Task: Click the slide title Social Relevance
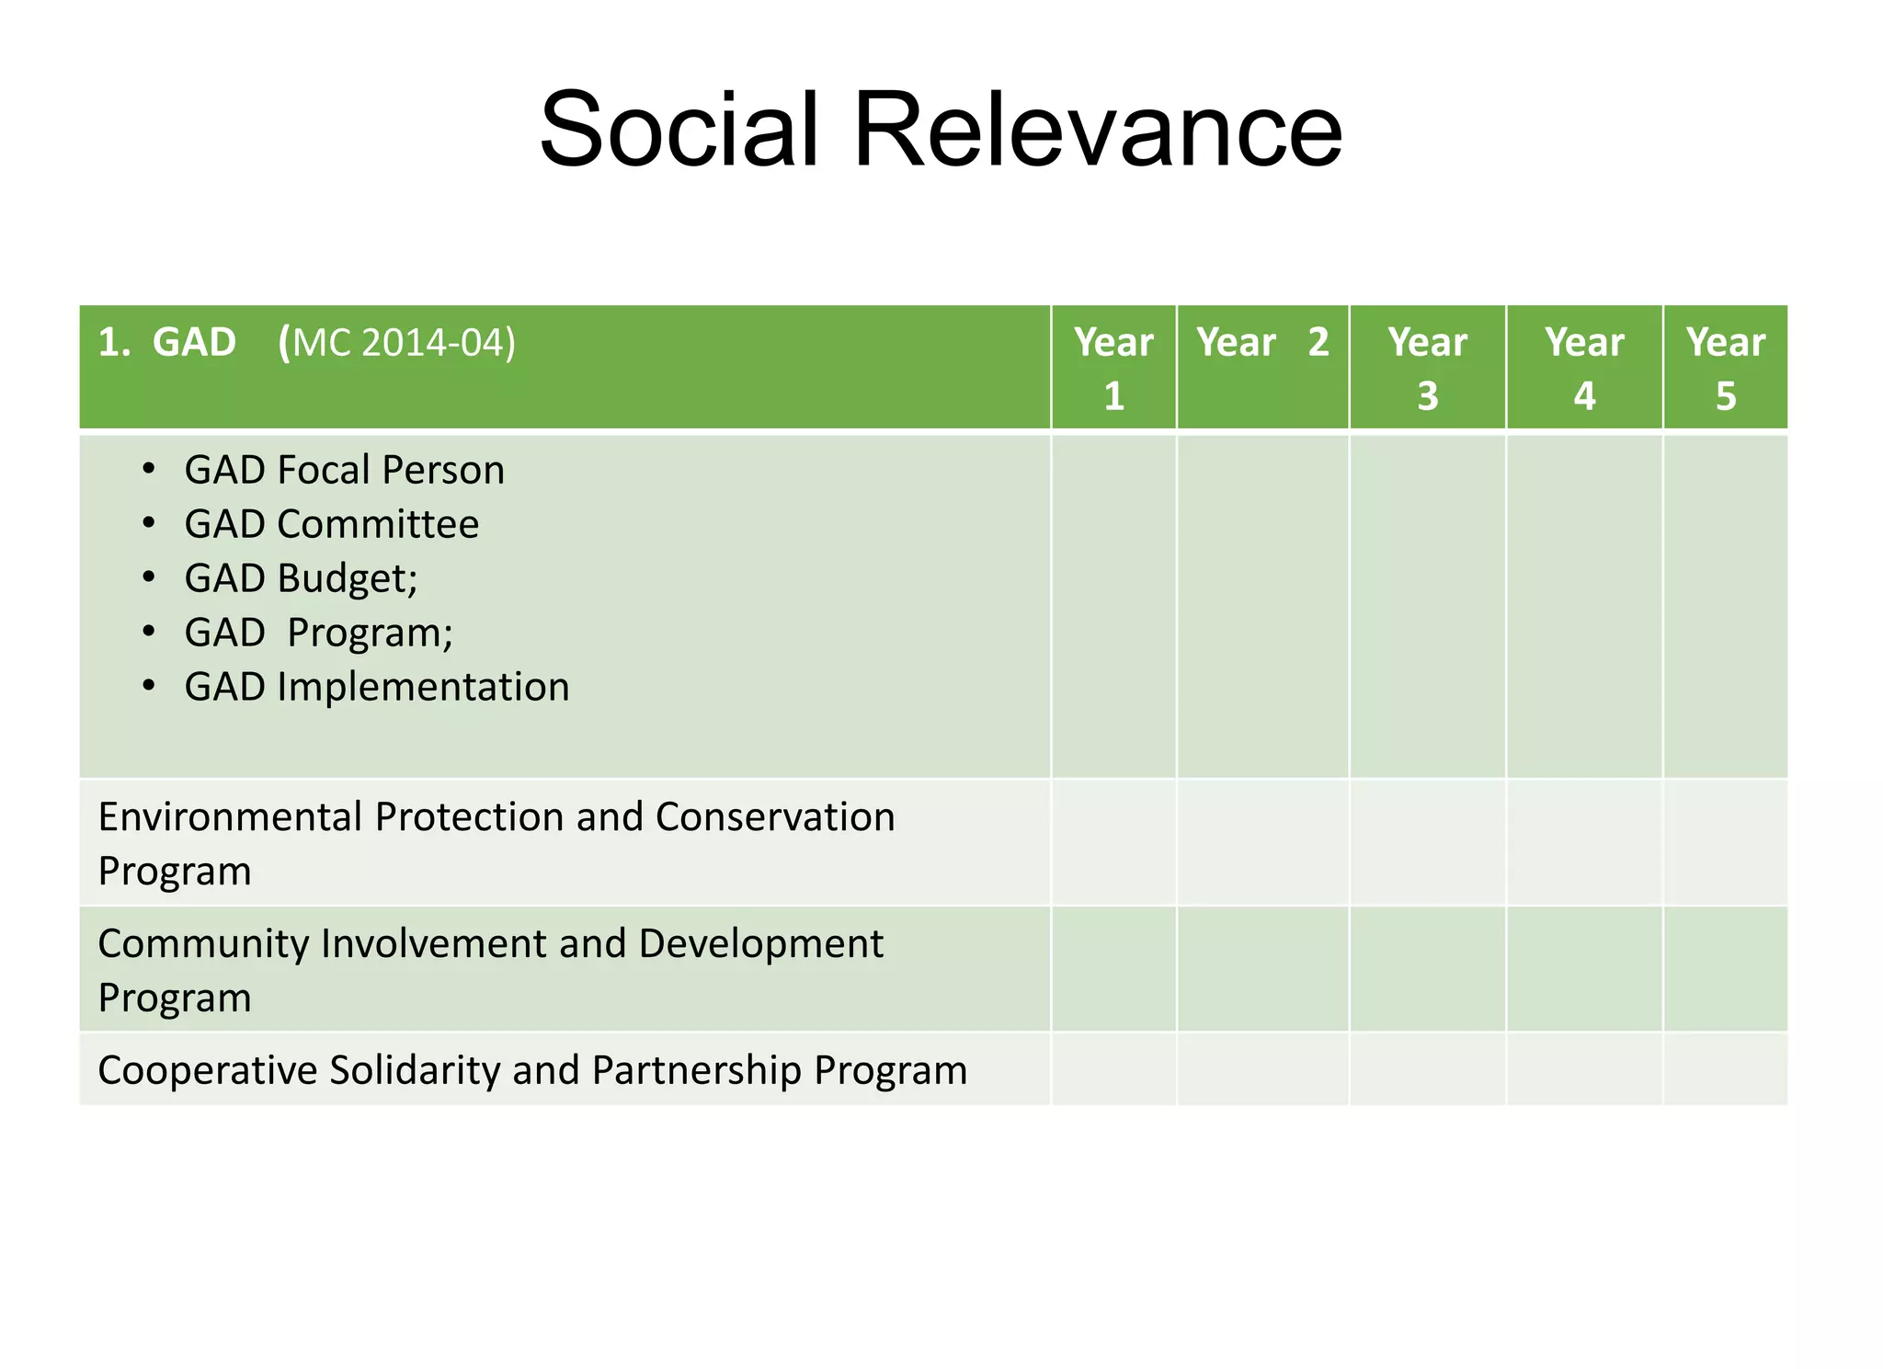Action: pyautogui.click(x=941, y=130)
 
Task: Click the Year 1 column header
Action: pyautogui.click(x=1113, y=368)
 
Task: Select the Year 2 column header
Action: pyautogui.click(x=1262, y=343)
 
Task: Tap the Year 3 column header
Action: pyautogui.click(x=1427, y=368)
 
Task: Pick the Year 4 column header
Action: pyautogui.click(x=1584, y=368)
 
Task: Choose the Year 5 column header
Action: pyautogui.click(x=1725, y=368)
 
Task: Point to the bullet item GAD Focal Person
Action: pyautogui.click(x=344, y=470)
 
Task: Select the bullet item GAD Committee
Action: pyautogui.click(x=331, y=524)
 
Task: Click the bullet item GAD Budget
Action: pyautogui.click(x=301, y=578)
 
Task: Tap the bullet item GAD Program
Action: pyautogui.click(x=318, y=633)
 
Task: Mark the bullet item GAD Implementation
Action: pyautogui.click(x=376, y=687)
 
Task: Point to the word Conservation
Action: pyautogui.click(x=774, y=816)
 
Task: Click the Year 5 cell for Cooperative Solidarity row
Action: pyautogui.click(x=1725, y=1068)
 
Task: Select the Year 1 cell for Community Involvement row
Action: pyautogui.click(x=1113, y=969)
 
